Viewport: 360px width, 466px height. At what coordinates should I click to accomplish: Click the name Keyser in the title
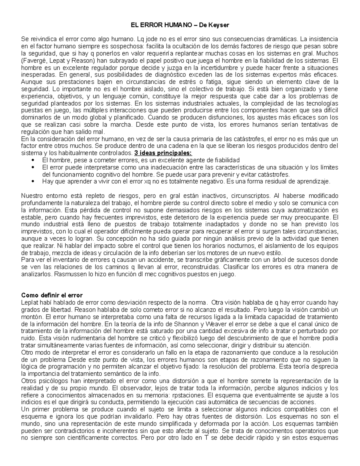(x=220, y=25)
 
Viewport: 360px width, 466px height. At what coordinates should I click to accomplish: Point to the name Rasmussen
(x=67, y=274)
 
